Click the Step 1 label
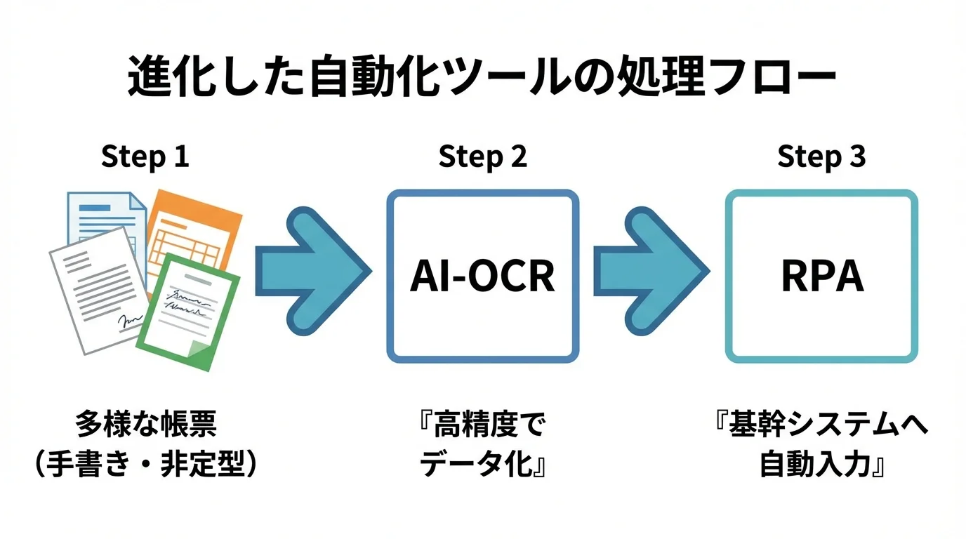[x=145, y=157]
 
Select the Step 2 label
[x=482, y=157]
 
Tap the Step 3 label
[x=821, y=157]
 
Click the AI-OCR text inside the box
[x=482, y=276]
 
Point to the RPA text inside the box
[x=821, y=277]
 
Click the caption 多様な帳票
[x=146, y=425]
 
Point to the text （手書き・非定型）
[x=146, y=465]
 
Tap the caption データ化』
[x=484, y=465]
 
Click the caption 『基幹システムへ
[x=821, y=425]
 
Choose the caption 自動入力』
[x=822, y=465]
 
